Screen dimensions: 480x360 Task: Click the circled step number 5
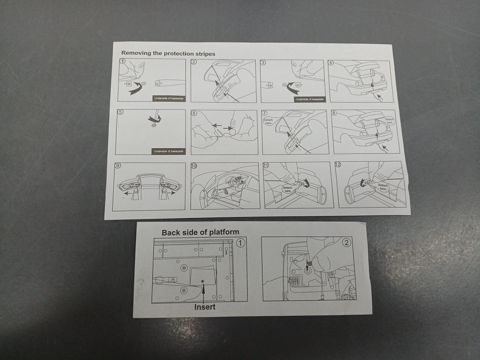(x=120, y=112)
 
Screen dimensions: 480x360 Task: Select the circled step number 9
(x=118, y=165)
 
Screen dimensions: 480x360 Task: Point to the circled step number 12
(x=338, y=164)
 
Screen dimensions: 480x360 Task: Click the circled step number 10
(x=194, y=166)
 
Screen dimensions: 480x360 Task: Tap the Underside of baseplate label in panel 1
(x=169, y=98)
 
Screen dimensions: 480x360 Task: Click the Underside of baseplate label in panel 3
(x=310, y=99)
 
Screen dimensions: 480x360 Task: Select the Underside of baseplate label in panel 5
(x=168, y=151)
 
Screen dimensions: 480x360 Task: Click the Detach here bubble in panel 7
(x=268, y=121)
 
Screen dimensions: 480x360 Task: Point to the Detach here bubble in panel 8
(x=389, y=121)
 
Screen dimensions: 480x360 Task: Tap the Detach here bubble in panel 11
(x=288, y=189)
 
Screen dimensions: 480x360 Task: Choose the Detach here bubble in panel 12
(x=383, y=187)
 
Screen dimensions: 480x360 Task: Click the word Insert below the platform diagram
(x=205, y=307)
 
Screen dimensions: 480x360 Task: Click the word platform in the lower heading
(x=224, y=232)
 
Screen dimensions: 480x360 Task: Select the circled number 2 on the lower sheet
(x=346, y=242)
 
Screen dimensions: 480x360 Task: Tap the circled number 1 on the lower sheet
(x=241, y=243)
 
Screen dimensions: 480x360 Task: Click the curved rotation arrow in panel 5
(x=155, y=119)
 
